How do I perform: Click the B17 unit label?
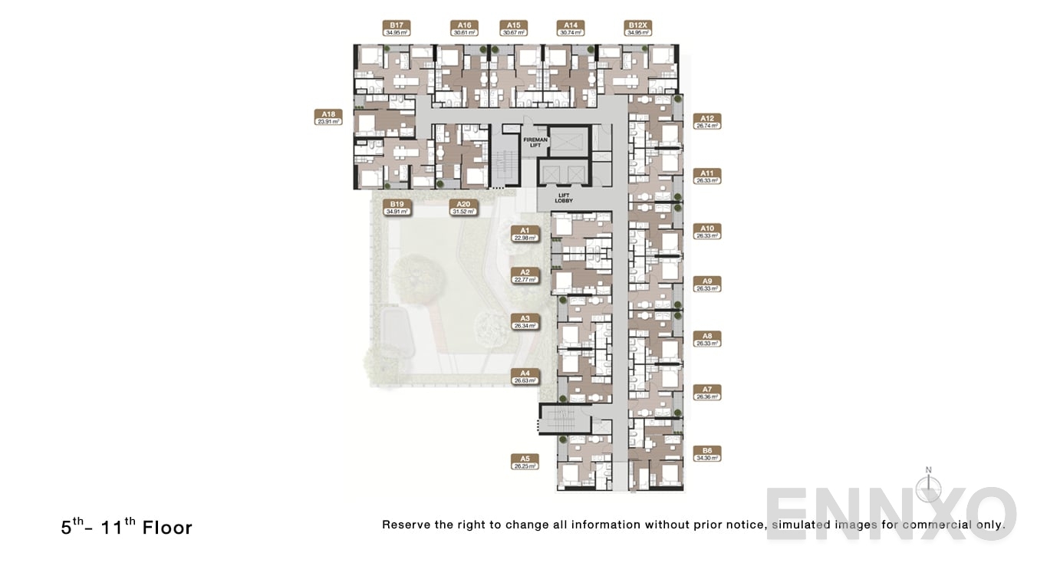click(x=396, y=28)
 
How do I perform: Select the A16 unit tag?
click(x=464, y=28)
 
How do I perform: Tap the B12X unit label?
click(x=638, y=28)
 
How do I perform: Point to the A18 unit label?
click(x=328, y=117)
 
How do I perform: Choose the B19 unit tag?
click(x=396, y=207)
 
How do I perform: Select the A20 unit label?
click(x=463, y=207)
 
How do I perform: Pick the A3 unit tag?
click(x=525, y=321)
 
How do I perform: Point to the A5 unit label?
click(x=525, y=462)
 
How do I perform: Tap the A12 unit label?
click(x=706, y=121)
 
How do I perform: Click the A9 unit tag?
click(x=706, y=285)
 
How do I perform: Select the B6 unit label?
click(x=706, y=453)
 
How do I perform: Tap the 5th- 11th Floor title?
click(x=127, y=527)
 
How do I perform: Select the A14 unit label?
click(x=570, y=28)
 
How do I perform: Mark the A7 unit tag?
click(x=706, y=393)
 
